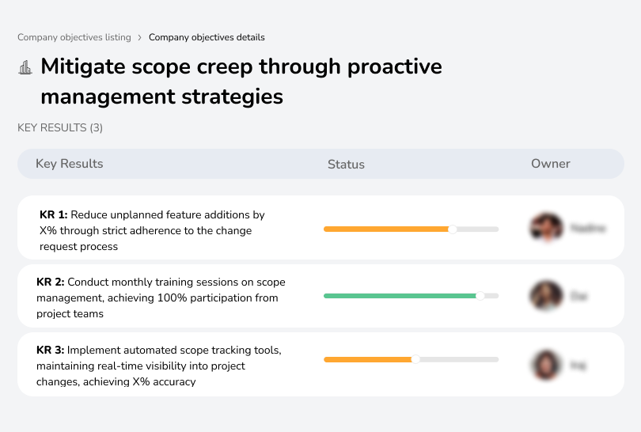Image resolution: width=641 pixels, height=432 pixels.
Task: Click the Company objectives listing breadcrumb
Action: (x=74, y=37)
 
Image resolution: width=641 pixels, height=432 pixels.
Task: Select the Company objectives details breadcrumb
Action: (x=207, y=37)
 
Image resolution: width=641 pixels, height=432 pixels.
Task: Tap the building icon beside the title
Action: (x=25, y=67)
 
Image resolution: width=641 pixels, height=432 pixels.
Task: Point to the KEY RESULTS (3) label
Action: (x=60, y=127)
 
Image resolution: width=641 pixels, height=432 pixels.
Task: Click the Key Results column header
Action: (x=70, y=164)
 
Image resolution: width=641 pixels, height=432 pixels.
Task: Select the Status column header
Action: (x=346, y=165)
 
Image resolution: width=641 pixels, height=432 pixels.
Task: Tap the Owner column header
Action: (x=551, y=164)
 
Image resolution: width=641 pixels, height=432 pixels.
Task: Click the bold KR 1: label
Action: (x=54, y=214)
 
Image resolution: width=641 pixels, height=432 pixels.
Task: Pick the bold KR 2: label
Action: (x=51, y=282)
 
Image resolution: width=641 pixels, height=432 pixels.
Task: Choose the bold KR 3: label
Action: (x=51, y=350)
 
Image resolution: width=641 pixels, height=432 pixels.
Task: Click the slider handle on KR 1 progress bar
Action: (x=453, y=229)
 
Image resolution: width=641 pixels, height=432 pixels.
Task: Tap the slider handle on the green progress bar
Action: (x=480, y=296)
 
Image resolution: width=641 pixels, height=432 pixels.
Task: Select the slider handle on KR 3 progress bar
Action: (x=416, y=359)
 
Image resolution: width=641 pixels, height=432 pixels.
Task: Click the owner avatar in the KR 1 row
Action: (x=546, y=228)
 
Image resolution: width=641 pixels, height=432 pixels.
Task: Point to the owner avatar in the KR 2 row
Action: (x=546, y=296)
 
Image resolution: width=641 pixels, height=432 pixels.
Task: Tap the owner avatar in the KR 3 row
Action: (x=546, y=365)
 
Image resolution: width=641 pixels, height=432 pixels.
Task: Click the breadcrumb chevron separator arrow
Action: (x=140, y=37)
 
